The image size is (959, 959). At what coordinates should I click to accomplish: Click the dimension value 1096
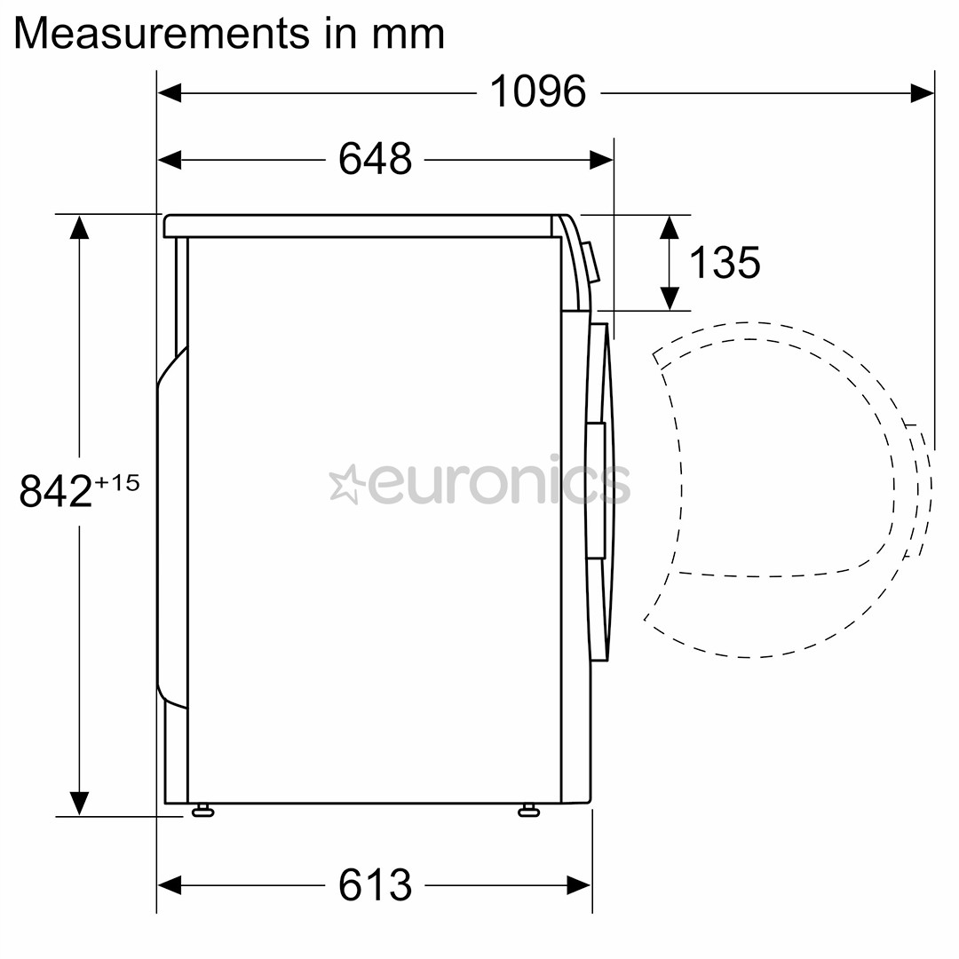point(538,91)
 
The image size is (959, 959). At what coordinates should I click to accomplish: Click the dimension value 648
point(375,160)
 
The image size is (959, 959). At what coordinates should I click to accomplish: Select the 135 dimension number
point(724,262)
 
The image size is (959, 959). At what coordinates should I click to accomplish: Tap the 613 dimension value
point(375,884)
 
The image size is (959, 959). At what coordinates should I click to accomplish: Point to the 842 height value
point(55,491)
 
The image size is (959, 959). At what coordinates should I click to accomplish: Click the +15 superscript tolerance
point(117,482)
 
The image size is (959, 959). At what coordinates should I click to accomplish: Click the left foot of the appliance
point(202,809)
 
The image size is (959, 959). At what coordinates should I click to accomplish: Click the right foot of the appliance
point(529,809)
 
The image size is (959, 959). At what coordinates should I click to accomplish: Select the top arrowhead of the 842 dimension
point(79,227)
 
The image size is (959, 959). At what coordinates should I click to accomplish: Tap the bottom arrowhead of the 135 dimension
point(669,298)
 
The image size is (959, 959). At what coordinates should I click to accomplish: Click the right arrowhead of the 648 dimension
point(601,160)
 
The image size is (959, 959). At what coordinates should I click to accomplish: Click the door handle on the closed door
point(595,490)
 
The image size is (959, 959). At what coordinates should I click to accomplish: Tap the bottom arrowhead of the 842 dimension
point(79,803)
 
